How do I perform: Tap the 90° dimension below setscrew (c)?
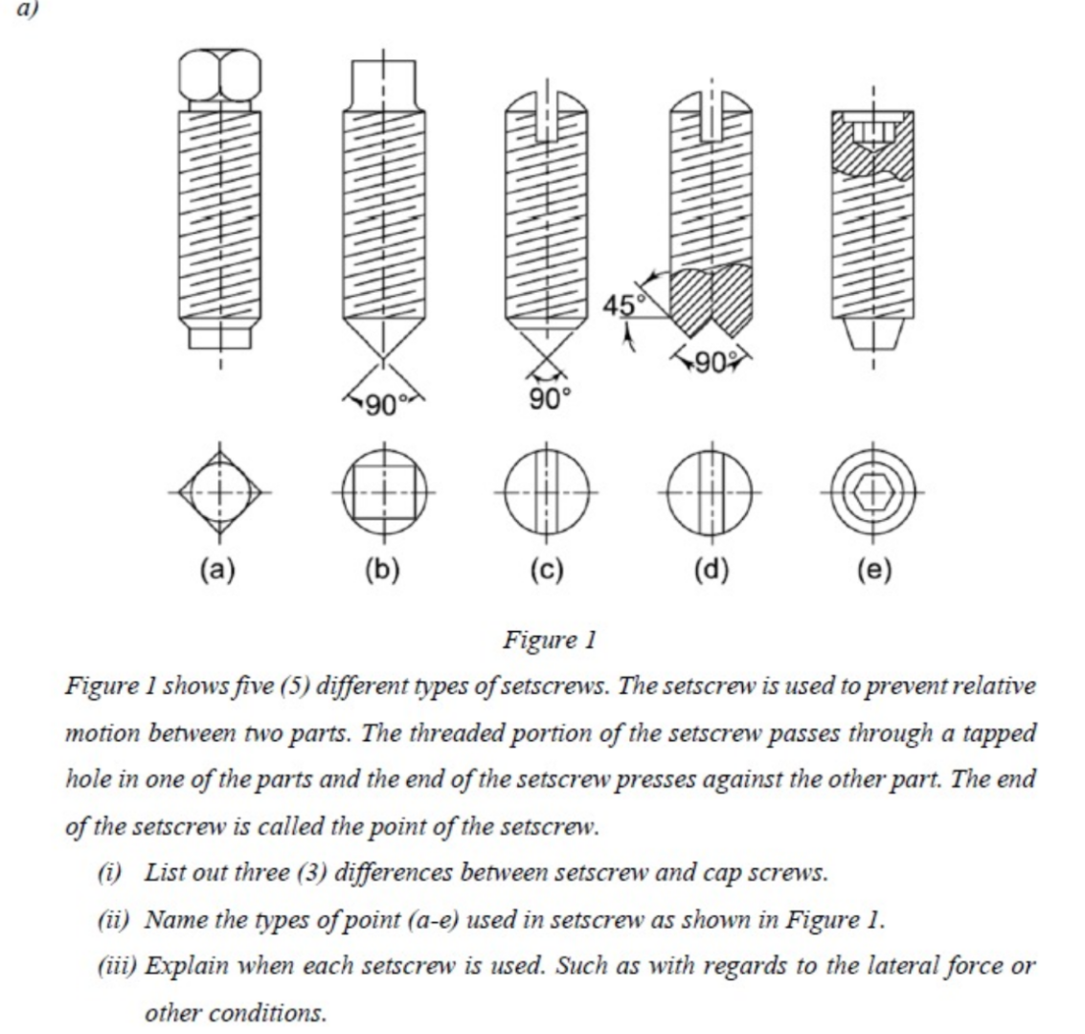click(548, 396)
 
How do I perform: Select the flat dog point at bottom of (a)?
click(219, 337)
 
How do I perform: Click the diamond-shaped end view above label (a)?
click(219, 493)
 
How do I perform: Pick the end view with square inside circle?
click(383, 493)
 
